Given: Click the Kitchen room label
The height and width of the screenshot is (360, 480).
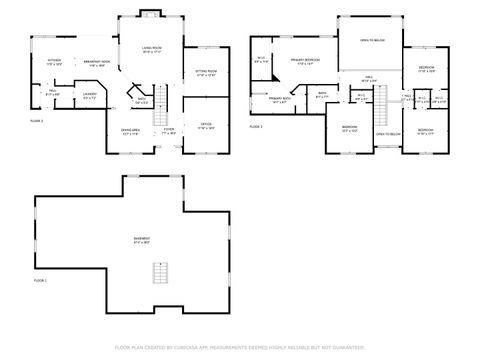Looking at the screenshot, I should [x=54, y=62].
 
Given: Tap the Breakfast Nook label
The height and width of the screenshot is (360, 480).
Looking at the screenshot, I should [x=96, y=62].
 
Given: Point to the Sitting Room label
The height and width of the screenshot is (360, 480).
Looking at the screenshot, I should [x=206, y=73].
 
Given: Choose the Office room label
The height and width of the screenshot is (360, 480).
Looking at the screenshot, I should [x=206, y=126].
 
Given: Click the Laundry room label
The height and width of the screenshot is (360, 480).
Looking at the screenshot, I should [x=90, y=97].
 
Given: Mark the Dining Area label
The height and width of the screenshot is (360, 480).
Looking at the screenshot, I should [x=130, y=131].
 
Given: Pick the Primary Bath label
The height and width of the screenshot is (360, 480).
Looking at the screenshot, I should [x=280, y=100].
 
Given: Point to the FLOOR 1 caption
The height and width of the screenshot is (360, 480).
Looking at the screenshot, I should [x=40, y=282].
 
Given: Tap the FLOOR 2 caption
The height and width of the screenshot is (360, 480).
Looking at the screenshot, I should [x=37, y=120].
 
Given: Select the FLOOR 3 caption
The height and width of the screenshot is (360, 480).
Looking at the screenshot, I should [x=255, y=127].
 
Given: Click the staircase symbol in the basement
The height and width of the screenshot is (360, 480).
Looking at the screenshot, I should [x=157, y=272].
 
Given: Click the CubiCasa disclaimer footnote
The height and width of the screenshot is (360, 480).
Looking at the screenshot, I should [x=240, y=347].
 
